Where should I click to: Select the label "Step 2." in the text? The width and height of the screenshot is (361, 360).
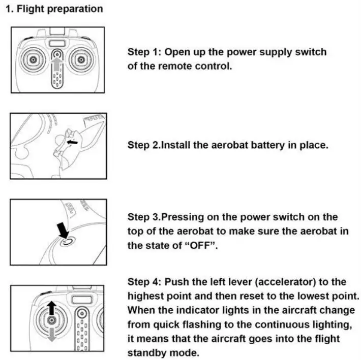(144, 145)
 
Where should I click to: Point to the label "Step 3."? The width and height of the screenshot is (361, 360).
(144, 217)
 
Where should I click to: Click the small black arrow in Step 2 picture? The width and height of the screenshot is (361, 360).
(74, 144)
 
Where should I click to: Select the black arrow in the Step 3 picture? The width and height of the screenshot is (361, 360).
(63, 230)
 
